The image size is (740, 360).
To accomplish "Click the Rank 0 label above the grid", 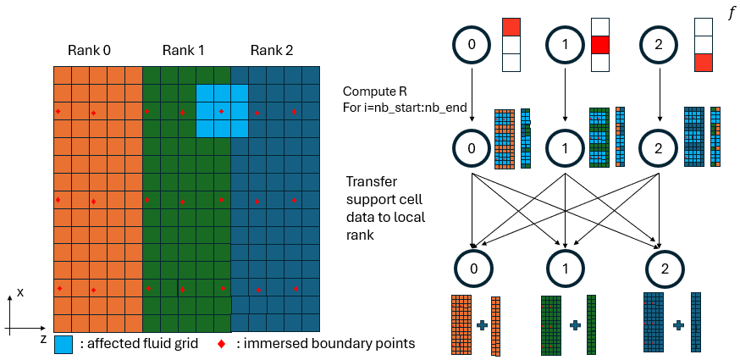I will click(90, 51).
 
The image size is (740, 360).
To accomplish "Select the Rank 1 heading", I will click(184, 51).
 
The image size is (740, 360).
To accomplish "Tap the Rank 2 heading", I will click(272, 51).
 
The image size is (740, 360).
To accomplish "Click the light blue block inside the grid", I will click(222, 110).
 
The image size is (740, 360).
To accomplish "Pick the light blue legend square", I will click(64, 343).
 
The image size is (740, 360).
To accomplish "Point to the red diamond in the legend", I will click(222, 343).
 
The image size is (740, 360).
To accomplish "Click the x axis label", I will click(20, 291).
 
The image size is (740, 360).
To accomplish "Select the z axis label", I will click(42, 337).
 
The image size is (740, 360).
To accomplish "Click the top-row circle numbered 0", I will click(472, 44).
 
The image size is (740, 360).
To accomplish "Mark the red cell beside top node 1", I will click(600, 44).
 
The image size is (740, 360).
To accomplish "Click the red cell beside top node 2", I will click(703, 62).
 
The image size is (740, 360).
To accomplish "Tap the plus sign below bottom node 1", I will click(574, 324).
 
